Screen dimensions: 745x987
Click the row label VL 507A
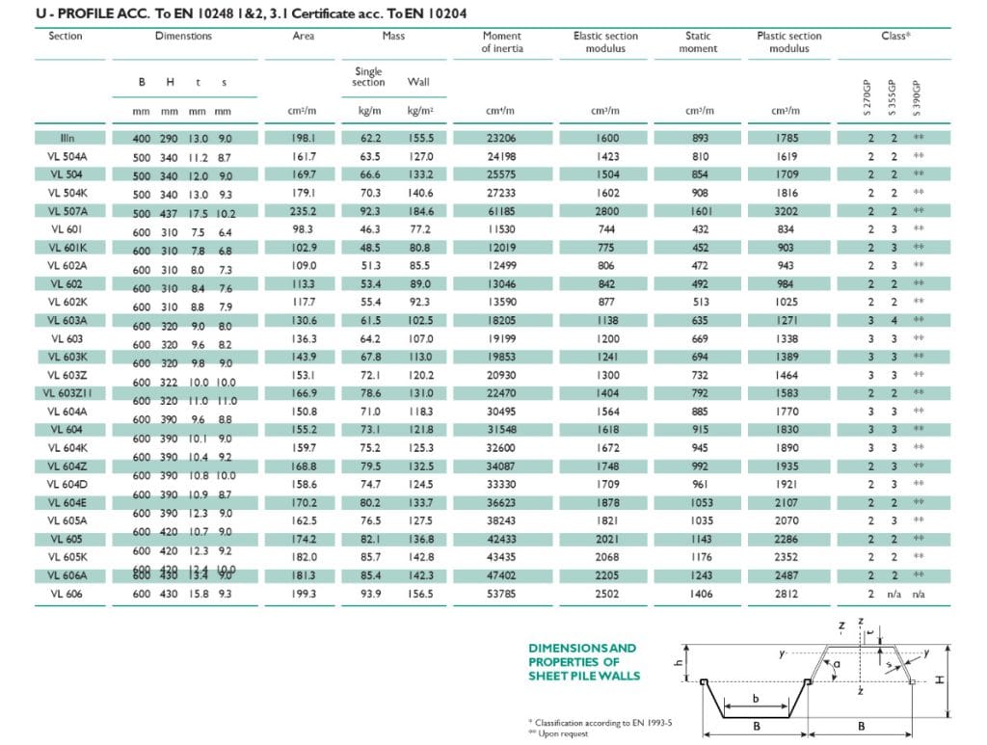[x=65, y=210]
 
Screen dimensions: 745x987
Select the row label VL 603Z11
[x=65, y=393]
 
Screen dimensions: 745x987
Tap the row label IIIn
[x=65, y=138]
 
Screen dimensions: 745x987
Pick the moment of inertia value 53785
[x=501, y=595]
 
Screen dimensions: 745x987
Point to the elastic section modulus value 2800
[x=606, y=210]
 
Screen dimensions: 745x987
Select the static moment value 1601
[x=700, y=210]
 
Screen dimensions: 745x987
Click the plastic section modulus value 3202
[x=787, y=210]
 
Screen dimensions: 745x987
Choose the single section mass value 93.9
[x=369, y=595]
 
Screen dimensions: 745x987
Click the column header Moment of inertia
[x=501, y=42]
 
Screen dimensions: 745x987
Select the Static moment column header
[x=698, y=42]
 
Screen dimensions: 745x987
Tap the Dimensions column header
[x=183, y=37]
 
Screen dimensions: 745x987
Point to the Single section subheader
[x=367, y=77]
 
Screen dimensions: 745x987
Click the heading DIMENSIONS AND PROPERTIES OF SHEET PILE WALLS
[x=583, y=661]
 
